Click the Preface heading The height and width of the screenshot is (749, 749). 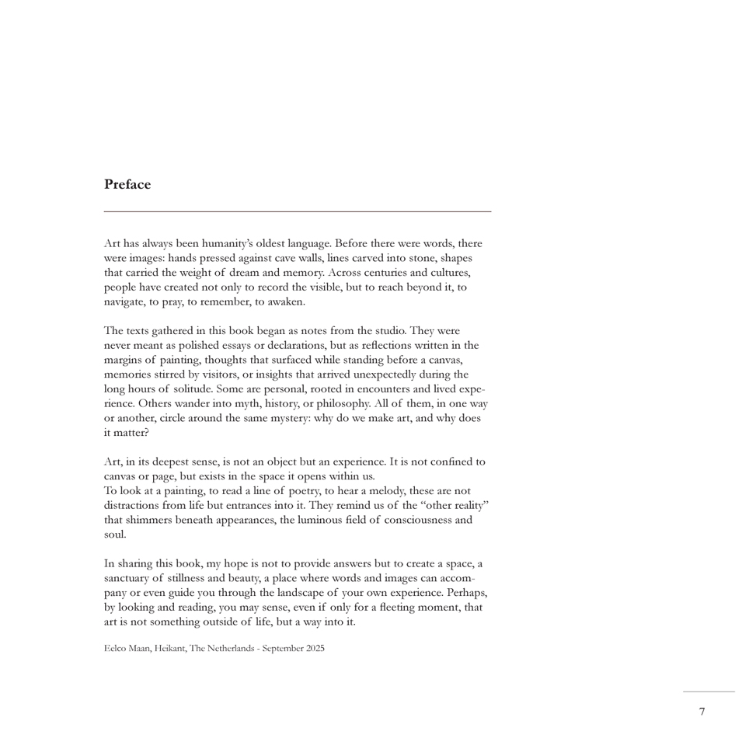pos(127,185)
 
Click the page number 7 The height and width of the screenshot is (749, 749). pos(702,712)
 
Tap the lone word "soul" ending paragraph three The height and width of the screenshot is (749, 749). pos(114,535)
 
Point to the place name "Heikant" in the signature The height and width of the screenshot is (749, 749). pos(169,648)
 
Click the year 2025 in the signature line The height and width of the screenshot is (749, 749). pos(315,648)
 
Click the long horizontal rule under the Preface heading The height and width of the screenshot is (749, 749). pos(298,211)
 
